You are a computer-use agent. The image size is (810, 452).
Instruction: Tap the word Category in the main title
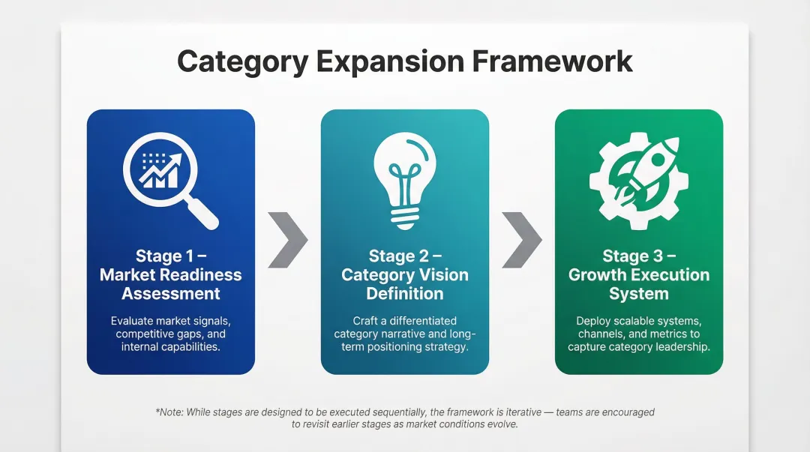tap(241, 61)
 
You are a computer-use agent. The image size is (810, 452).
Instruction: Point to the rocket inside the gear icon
tap(642, 174)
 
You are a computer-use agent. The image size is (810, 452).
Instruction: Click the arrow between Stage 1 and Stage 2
tap(287, 239)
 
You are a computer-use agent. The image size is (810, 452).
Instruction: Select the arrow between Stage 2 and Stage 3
tap(521, 239)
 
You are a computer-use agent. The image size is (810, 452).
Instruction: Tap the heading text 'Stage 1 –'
tap(171, 256)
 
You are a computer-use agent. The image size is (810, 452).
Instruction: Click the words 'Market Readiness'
tap(171, 275)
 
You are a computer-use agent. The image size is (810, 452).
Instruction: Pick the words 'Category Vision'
tap(405, 275)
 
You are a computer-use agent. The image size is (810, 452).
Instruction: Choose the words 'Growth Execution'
tap(639, 275)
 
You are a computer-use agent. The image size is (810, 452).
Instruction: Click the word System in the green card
tap(639, 294)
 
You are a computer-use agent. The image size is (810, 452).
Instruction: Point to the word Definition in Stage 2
tap(405, 294)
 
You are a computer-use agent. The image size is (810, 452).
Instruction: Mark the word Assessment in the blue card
tap(171, 294)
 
